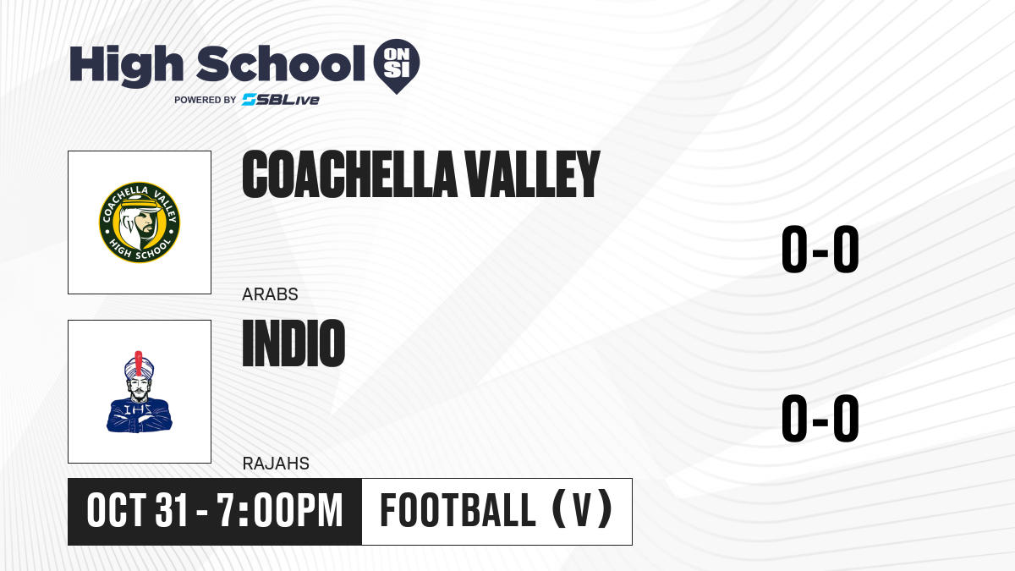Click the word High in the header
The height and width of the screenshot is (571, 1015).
pos(126,65)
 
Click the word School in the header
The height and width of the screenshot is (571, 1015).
pos(281,63)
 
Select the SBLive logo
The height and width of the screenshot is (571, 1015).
pos(280,100)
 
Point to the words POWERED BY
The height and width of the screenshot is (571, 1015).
pos(206,100)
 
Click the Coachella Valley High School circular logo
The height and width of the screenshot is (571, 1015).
pos(140,222)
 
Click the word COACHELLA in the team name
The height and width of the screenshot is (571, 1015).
pos(349,174)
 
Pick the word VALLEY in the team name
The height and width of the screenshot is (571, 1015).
pos(533,174)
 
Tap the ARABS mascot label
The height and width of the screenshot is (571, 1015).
pos(270,294)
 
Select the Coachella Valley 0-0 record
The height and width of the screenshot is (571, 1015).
pos(820,249)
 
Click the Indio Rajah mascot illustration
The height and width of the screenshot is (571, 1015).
pos(139,392)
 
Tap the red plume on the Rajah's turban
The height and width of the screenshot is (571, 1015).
pos(139,363)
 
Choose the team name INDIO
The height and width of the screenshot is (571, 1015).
pos(294,343)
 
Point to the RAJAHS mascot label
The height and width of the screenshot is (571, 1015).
pos(276,464)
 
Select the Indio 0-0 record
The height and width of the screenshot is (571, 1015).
pos(820,418)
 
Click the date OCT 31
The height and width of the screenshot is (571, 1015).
pos(137,510)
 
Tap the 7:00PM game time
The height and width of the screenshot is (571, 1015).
pos(279,510)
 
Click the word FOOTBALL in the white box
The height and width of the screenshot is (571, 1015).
pos(458,510)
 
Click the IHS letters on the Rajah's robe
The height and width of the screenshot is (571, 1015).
pos(138,409)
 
